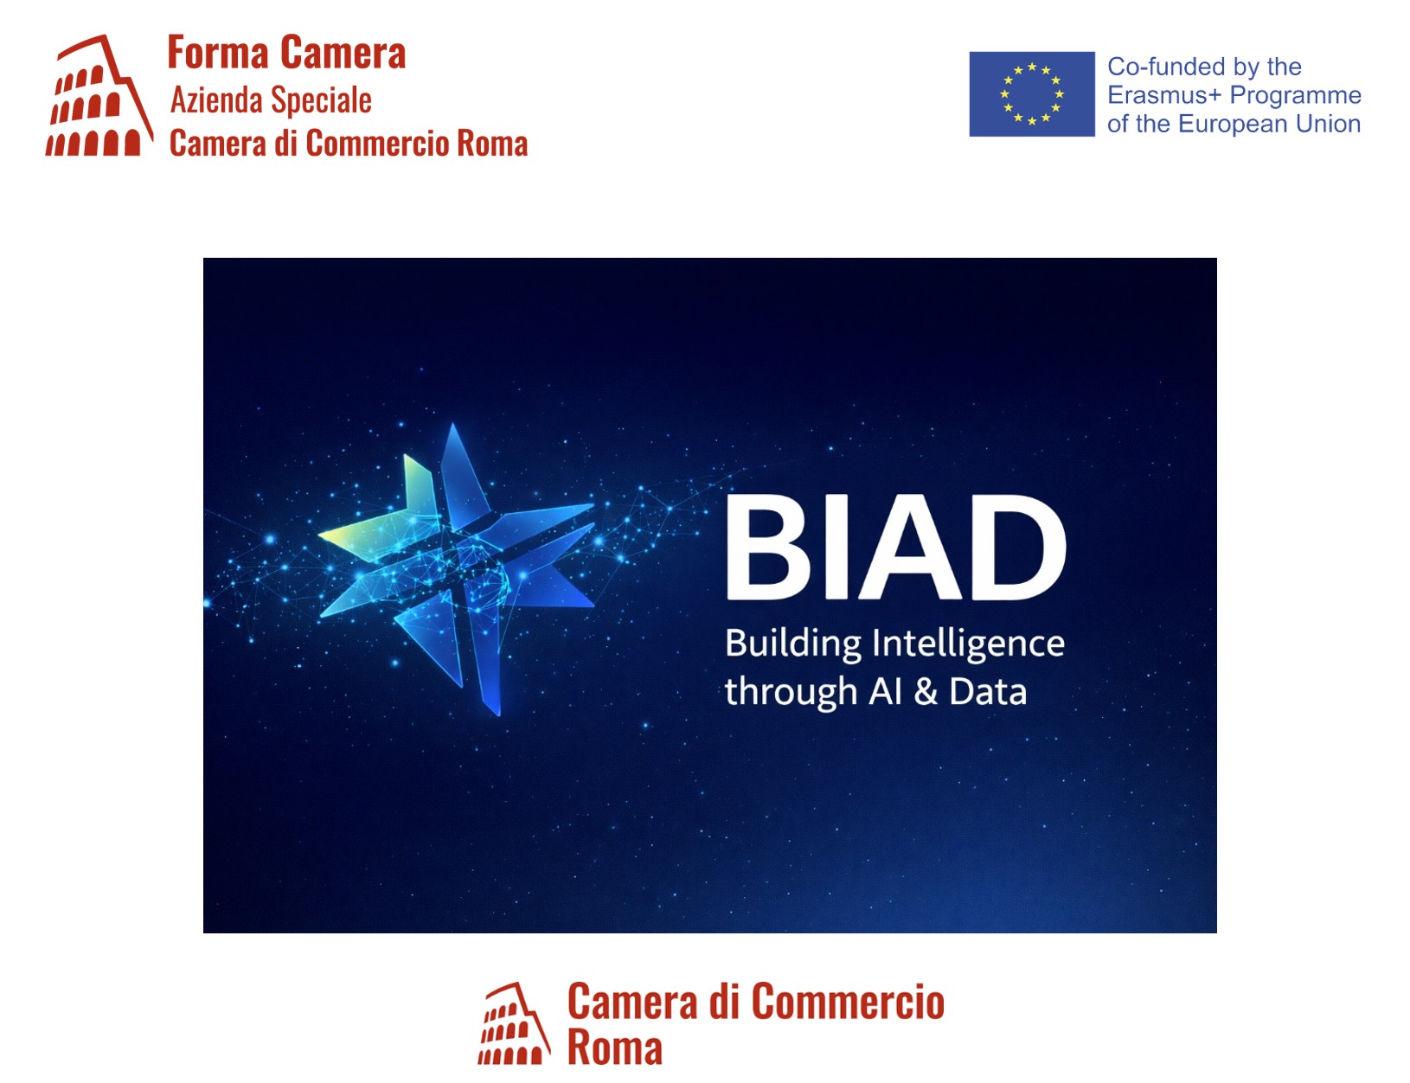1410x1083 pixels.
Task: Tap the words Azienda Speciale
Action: click(x=271, y=101)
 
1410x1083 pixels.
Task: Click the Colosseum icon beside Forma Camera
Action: click(x=99, y=95)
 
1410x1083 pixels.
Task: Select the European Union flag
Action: click(x=1032, y=94)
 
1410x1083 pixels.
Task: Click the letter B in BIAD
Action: click(x=768, y=547)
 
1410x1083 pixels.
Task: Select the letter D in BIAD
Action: click(x=1017, y=547)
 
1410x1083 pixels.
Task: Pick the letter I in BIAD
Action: click(x=836, y=547)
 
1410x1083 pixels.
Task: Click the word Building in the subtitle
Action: click(x=793, y=644)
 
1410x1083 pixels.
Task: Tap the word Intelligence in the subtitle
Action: click(x=968, y=644)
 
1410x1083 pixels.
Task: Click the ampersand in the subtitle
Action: click(x=926, y=692)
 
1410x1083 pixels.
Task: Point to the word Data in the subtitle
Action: click(x=988, y=692)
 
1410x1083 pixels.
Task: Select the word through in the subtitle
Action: click(x=791, y=693)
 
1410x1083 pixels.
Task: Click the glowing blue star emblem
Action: click(x=456, y=568)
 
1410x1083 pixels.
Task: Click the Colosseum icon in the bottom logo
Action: click(x=514, y=1023)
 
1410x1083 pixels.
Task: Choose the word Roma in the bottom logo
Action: click(x=614, y=1048)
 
